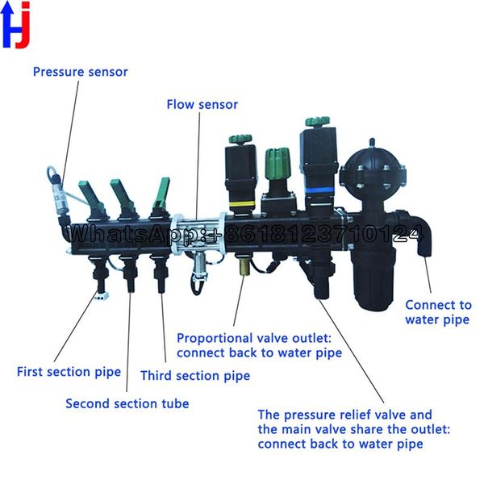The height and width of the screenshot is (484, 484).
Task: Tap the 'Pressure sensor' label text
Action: tap(80, 72)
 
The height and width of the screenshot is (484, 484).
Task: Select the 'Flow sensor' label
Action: tap(202, 105)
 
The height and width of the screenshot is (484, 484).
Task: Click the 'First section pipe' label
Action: tap(69, 372)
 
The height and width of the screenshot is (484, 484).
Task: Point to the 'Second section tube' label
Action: tap(127, 403)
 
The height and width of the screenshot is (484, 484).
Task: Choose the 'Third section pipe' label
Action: tap(195, 376)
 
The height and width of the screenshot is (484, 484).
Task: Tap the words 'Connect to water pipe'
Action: tap(437, 312)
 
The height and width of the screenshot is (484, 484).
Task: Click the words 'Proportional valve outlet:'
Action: tap(258, 338)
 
